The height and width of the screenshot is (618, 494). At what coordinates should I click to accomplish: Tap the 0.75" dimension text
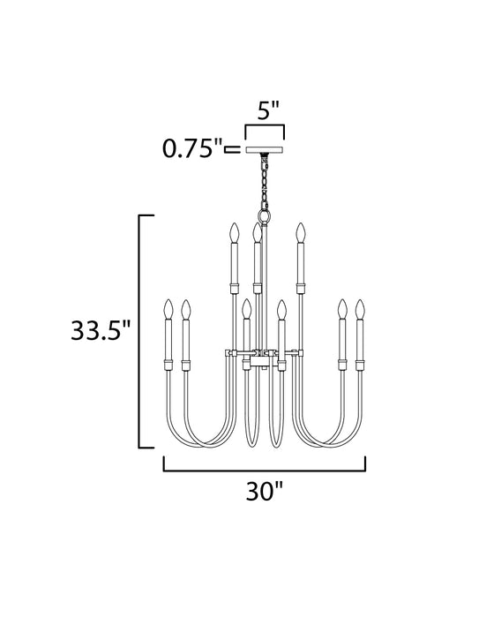pos(191,148)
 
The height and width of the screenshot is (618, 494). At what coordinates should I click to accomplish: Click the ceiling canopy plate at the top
pos(265,150)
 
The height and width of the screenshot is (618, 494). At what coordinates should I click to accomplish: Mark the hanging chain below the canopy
pos(264,181)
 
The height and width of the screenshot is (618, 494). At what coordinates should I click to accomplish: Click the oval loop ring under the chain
pos(264,216)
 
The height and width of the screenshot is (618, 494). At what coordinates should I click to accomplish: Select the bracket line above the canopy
pos(265,129)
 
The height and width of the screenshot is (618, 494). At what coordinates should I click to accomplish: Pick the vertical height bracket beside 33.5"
pos(141,331)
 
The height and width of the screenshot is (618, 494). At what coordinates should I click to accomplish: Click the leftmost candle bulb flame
pos(168,310)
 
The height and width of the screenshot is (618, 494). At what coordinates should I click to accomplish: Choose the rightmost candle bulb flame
pos(360,310)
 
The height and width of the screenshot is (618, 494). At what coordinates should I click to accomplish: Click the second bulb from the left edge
pos(186,310)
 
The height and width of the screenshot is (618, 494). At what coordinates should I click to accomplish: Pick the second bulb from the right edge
pos(341,310)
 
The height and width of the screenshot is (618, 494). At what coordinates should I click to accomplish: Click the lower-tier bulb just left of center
pos(246,310)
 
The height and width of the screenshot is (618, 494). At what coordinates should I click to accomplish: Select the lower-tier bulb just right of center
pos(281,310)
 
